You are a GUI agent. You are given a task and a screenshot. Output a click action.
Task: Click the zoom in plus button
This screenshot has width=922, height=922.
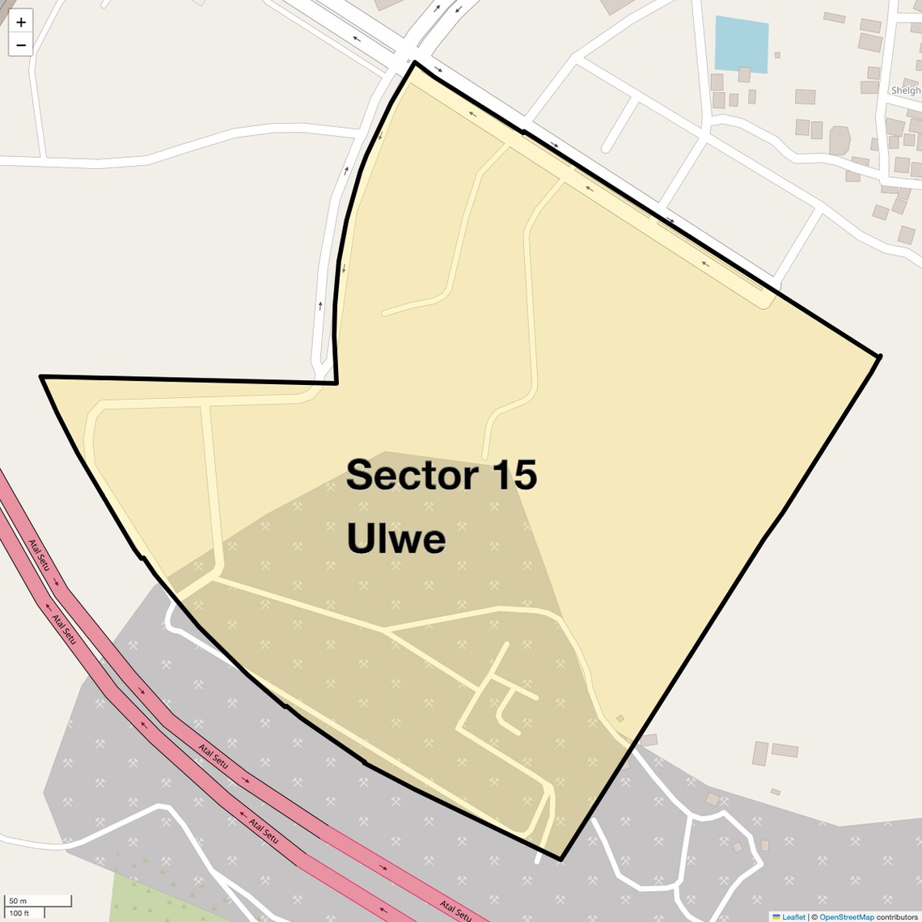pyautogui.click(x=21, y=22)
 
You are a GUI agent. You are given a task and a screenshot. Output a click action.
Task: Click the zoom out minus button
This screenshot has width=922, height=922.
pyautogui.click(x=21, y=44)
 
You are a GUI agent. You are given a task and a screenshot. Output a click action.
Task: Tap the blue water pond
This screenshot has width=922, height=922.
pyautogui.click(x=741, y=44)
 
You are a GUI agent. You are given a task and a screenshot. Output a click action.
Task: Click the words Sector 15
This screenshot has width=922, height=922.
pyautogui.click(x=441, y=475)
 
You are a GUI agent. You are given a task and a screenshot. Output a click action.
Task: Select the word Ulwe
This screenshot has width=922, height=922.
pyautogui.click(x=396, y=539)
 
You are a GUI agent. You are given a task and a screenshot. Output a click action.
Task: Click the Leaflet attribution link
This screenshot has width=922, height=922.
pyautogui.click(x=793, y=916)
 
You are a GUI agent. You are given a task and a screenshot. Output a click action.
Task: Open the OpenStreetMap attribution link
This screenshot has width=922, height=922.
pyautogui.click(x=847, y=916)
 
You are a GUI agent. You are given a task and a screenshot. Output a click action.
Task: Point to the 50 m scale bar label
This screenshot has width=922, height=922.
pyautogui.click(x=18, y=901)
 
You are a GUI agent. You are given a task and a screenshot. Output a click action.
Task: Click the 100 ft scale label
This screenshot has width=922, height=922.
pyautogui.click(x=19, y=913)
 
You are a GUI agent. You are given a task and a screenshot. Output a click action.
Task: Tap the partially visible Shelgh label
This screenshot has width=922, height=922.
pyautogui.click(x=906, y=91)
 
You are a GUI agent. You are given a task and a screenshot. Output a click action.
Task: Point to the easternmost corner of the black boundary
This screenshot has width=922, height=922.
pyautogui.click(x=879, y=355)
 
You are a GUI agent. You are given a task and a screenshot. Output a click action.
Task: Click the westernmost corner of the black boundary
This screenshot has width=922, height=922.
pyautogui.click(x=41, y=377)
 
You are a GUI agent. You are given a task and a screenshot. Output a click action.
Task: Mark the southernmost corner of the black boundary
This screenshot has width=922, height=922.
pyautogui.click(x=560, y=859)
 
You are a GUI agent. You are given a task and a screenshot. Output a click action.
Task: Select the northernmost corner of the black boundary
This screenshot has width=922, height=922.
pyautogui.click(x=415, y=62)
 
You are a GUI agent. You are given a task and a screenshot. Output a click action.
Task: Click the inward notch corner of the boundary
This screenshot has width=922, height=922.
pyautogui.click(x=336, y=382)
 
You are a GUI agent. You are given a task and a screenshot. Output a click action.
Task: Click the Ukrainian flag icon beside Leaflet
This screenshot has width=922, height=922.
pyautogui.click(x=776, y=916)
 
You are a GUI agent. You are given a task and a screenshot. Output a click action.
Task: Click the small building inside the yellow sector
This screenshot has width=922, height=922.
pyautogui.click(x=620, y=718)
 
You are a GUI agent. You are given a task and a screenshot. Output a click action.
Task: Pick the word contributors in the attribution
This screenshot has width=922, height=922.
pyautogui.click(x=898, y=916)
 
